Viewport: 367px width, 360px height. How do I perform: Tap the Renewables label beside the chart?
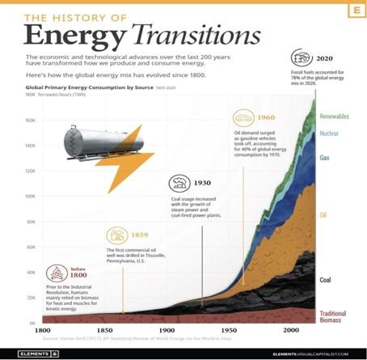pyautogui.click(x=334, y=116)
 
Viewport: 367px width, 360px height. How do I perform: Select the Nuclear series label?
pyautogui.click(x=330, y=133)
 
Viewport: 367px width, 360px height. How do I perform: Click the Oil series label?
pyautogui.click(x=323, y=215)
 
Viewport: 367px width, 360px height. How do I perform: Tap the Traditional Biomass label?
pyautogui.click(x=335, y=317)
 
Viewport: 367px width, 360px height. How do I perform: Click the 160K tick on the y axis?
pyautogui.click(x=30, y=121)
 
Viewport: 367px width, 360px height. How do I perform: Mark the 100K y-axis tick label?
pyautogui.click(x=30, y=197)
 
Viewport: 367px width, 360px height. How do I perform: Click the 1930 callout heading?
pyautogui.click(x=203, y=183)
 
